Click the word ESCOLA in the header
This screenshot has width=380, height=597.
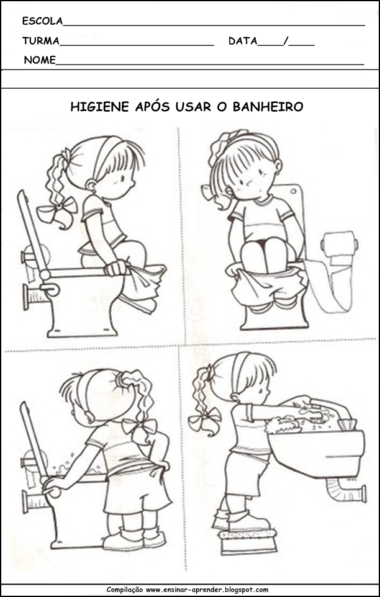[x=42, y=21]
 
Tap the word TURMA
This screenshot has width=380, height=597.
[x=41, y=41]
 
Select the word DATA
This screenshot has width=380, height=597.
[x=243, y=41]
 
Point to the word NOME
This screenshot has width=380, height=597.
[x=40, y=60]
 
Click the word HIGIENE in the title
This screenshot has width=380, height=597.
[x=100, y=107]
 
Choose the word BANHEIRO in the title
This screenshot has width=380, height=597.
[x=268, y=107]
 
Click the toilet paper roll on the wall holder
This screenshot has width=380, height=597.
[x=339, y=244]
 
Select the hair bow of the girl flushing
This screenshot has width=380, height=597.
[x=139, y=427]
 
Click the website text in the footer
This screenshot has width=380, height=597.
[x=207, y=590]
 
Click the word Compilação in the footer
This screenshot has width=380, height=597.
[x=125, y=590]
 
